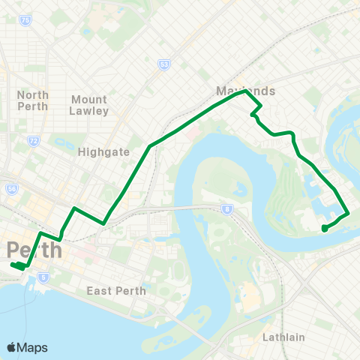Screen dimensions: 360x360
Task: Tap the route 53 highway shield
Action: pos(163,65)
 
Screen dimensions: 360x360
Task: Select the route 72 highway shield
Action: pos(32,141)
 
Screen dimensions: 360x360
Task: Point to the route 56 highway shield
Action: pos(12,190)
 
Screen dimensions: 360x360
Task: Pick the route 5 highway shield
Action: pos(43,277)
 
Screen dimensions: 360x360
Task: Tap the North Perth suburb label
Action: pos(32,100)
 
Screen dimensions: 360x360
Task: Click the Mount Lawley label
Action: pos(89,105)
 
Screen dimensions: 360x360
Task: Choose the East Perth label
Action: pos(115,291)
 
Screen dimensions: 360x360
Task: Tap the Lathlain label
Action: pos(283,337)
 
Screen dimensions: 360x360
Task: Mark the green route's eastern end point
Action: pos(323,228)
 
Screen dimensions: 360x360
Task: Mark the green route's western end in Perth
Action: pos(13,265)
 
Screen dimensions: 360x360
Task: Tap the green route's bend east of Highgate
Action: pos(151,145)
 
